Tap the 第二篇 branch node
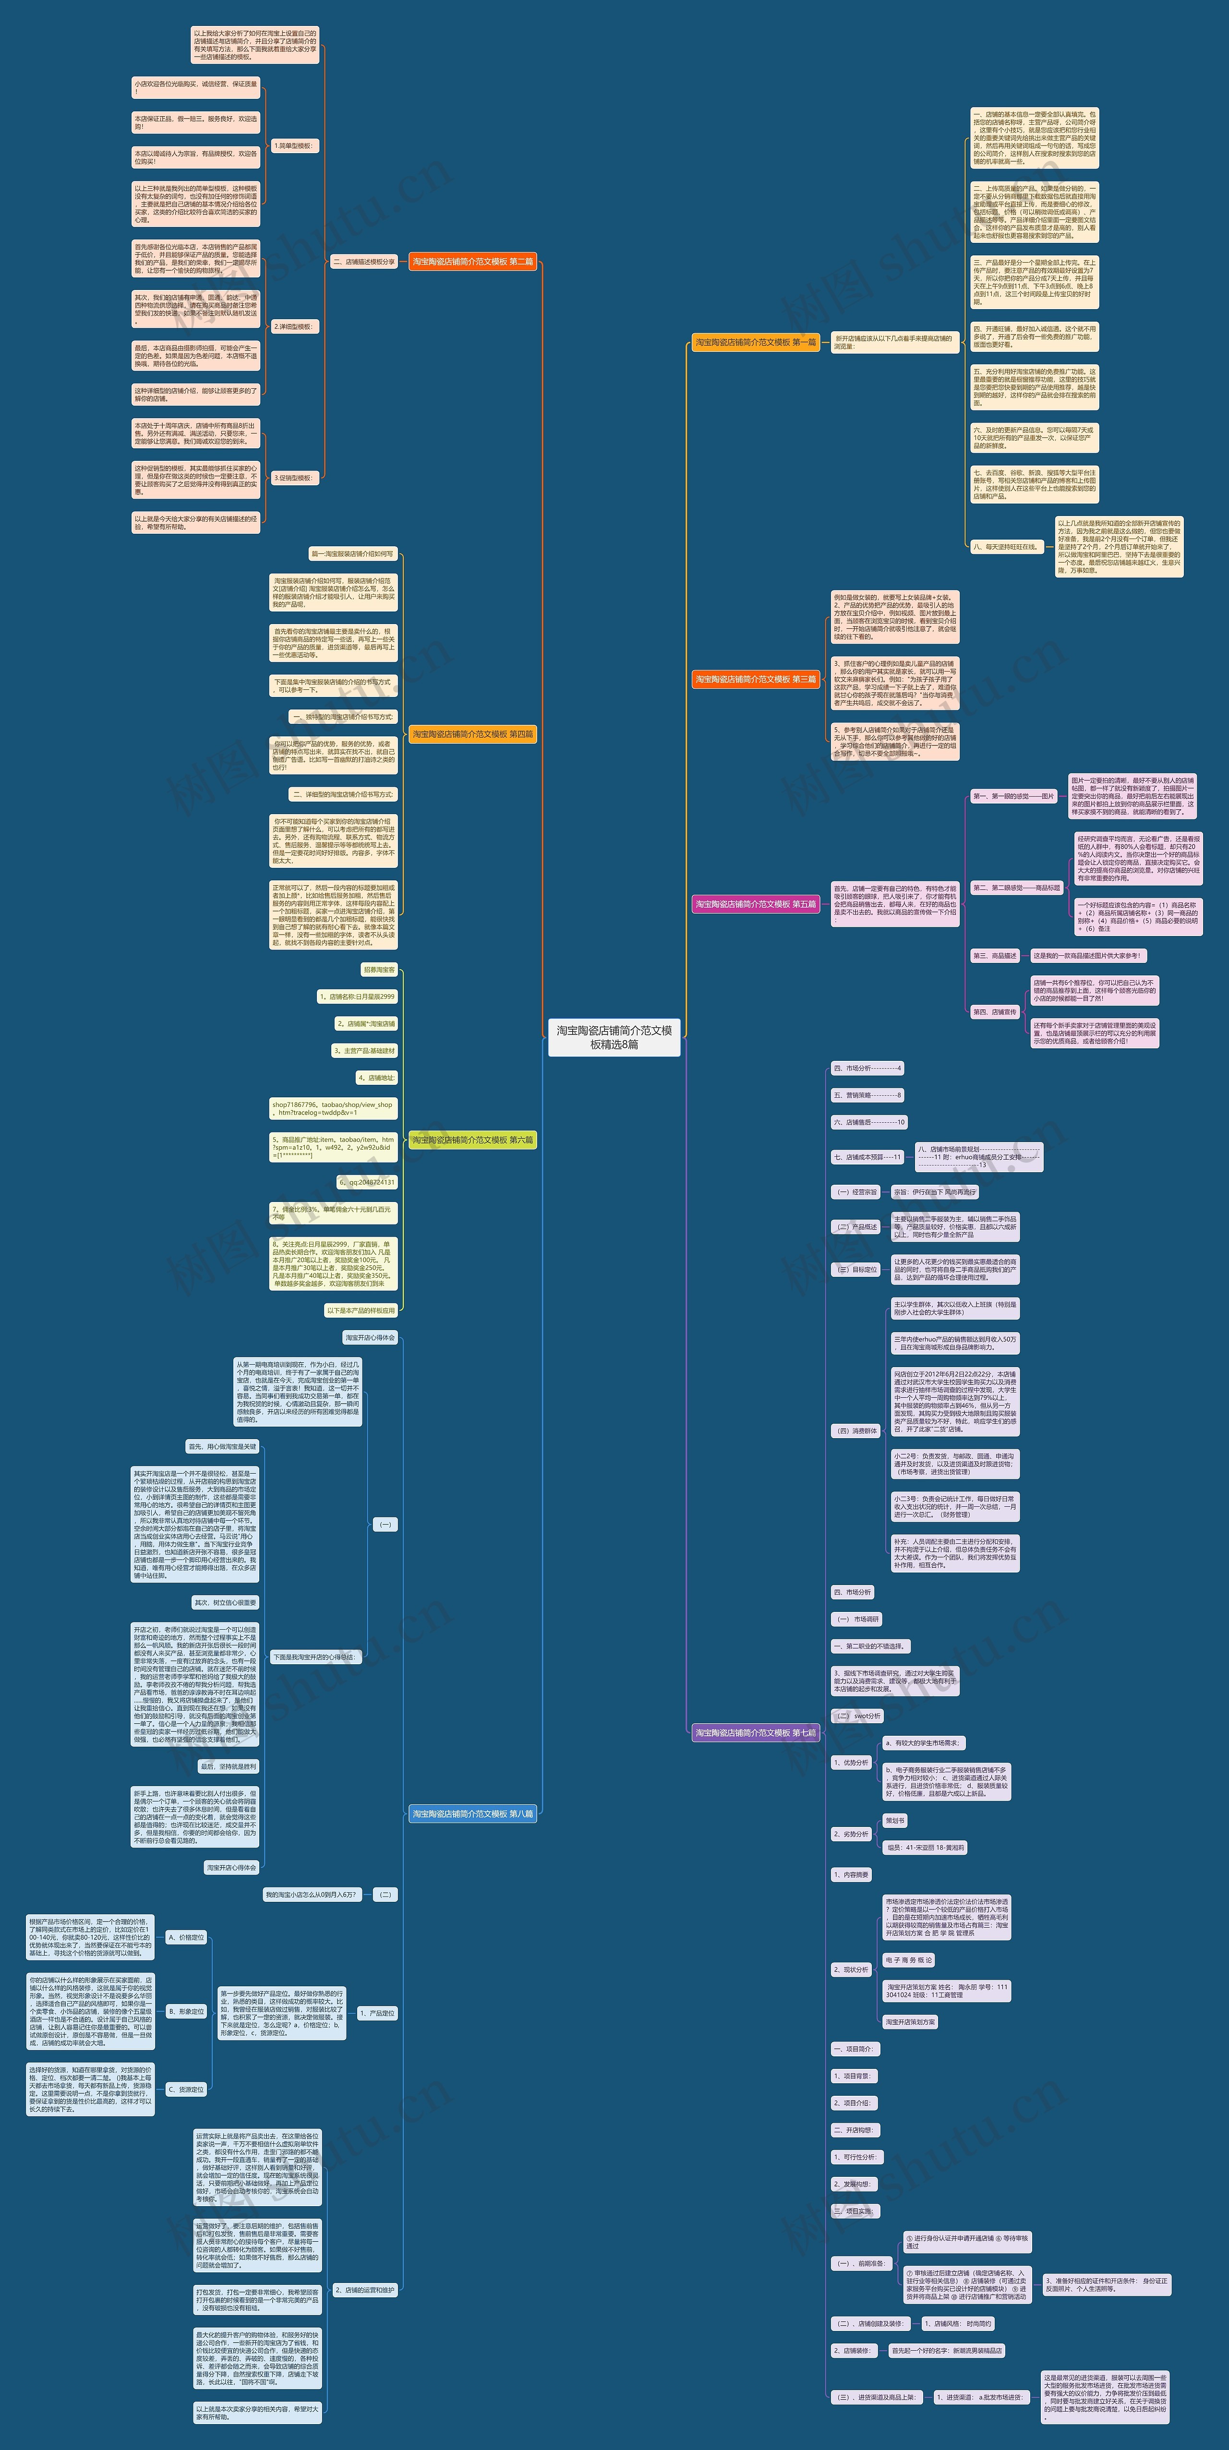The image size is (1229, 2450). (x=473, y=262)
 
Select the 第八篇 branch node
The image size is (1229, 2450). (x=473, y=1813)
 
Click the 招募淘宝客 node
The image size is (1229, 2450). (x=379, y=970)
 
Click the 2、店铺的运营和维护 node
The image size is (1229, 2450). (x=364, y=2290)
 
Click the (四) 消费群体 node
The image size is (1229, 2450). (x=856, y=1430)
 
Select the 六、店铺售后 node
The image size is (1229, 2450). (x=869, y=1122)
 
